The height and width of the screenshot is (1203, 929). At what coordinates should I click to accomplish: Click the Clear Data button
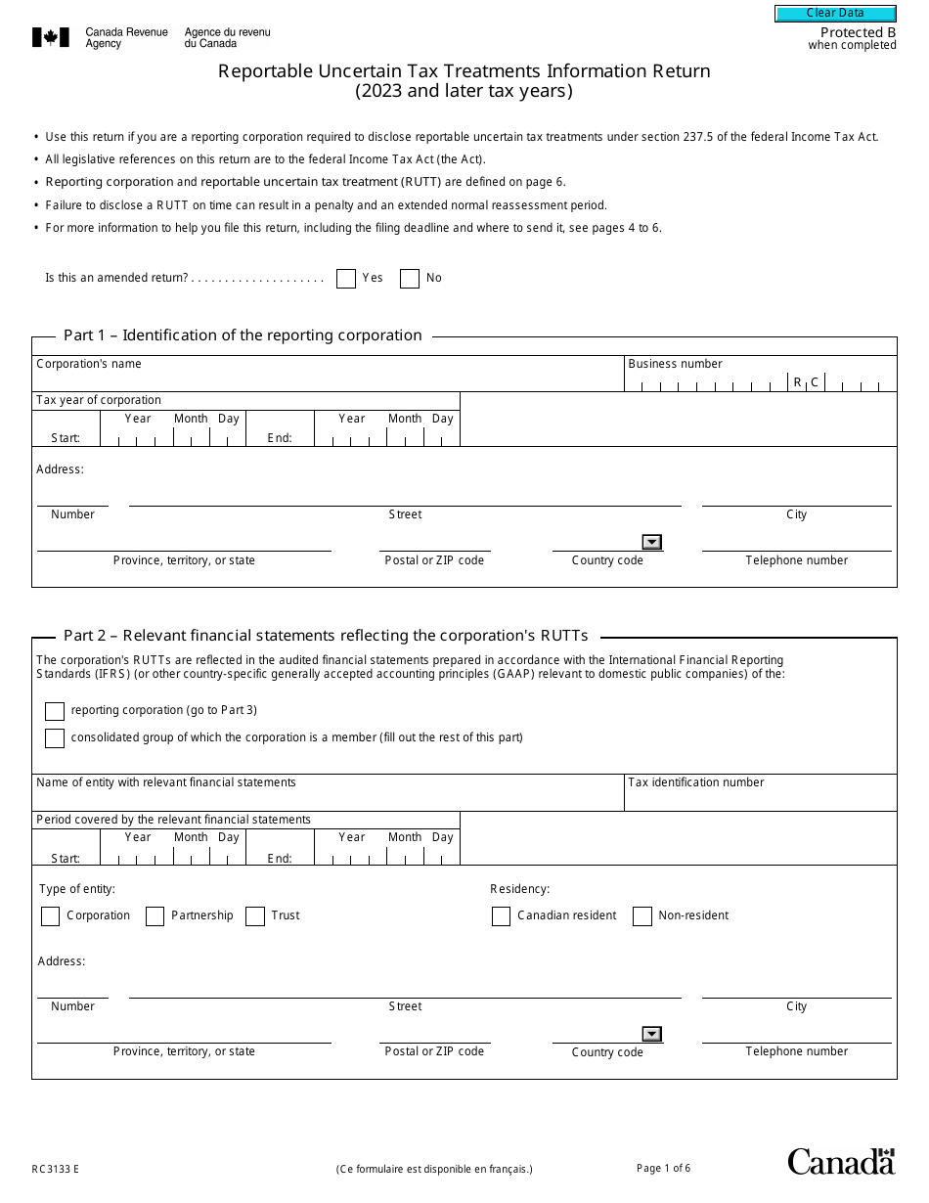click(835, 13)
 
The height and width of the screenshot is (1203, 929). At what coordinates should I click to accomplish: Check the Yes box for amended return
click(346, 279)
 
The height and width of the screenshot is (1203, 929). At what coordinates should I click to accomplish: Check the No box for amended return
click(410, 279)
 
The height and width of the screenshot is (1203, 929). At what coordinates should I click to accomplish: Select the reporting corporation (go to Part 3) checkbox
click(55, 711)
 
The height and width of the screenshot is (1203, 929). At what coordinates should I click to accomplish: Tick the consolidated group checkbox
click(55, 738)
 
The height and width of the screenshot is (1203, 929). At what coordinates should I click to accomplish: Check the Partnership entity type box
click(155, 916)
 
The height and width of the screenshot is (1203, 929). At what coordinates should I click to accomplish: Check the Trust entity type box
click(255, 916)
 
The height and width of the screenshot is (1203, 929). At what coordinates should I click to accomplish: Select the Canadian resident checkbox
click(501, 916)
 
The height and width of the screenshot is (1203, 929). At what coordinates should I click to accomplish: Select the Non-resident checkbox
click(642, 916)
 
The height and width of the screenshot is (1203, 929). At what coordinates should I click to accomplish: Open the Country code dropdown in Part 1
click(652, 543)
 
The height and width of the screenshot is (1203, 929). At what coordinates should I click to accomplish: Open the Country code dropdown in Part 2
click(652, 1035)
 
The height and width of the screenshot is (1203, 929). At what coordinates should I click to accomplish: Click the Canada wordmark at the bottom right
click(841, 1161)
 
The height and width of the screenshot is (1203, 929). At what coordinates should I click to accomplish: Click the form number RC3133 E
click(55, 1169)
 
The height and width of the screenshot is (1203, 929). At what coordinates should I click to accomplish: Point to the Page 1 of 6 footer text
click(663, 1168)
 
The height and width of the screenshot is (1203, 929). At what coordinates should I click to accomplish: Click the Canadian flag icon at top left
click(51, 38)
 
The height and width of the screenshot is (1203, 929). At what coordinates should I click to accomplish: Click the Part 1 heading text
click(243, 335)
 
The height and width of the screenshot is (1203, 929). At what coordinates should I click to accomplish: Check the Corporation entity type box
click(50, 916)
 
